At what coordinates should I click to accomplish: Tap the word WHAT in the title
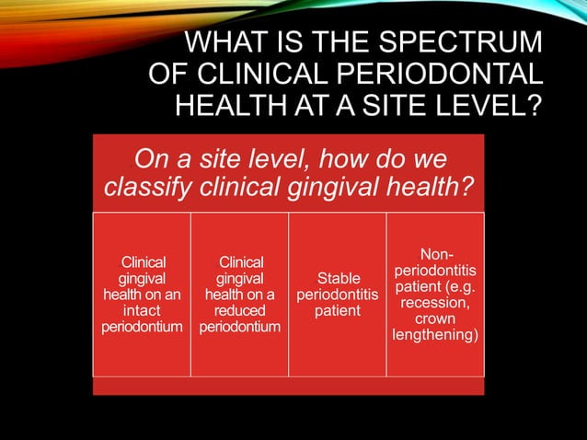(x=228, y=43)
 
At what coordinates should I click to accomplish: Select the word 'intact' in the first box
(x=142, y=311)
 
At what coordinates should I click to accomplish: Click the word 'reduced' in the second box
(x=239, y=311)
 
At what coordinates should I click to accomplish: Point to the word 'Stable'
(x=338, y=278)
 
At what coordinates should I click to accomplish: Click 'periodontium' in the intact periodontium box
(x=142, y=328)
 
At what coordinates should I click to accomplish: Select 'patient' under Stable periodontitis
(x=338, y=311)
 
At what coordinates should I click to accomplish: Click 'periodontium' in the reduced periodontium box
(x=239, y=328)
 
